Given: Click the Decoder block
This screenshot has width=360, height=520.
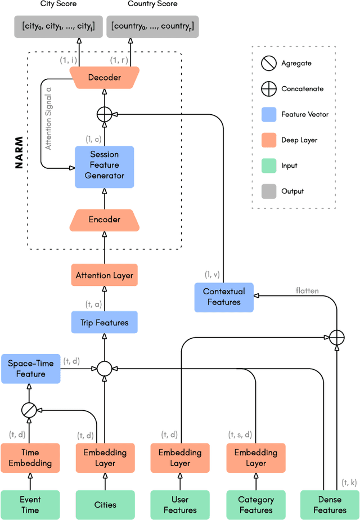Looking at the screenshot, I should (x=105, y=77).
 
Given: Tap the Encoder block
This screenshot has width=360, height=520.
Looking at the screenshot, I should (x=105, y=219).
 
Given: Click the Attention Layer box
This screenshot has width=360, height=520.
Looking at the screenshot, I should (x=105, y=276).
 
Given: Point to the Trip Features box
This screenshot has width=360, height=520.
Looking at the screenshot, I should (x=105, y=322).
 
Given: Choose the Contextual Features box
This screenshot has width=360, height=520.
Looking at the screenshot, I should (x=224, y=297).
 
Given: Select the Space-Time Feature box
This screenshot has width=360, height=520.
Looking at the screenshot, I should (x=30, y=369).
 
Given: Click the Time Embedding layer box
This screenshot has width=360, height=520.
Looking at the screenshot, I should (x=30, y=458).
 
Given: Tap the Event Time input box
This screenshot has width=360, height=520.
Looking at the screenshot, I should (x=30, y=504).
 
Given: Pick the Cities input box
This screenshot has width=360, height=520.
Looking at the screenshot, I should (x=105, y=504).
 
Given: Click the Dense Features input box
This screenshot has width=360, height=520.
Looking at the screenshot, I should (x=330, y=504).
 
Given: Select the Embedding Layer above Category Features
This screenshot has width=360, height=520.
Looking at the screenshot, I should (x=255, y=458).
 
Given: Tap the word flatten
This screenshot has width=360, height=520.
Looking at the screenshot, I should (x=308, y=291).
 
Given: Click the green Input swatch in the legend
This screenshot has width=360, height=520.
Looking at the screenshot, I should (x=268, y=165).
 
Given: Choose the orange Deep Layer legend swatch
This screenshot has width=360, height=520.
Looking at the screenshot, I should (x=268, y=140).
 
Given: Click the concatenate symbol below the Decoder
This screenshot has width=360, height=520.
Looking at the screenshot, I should (x=105, y=114).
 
